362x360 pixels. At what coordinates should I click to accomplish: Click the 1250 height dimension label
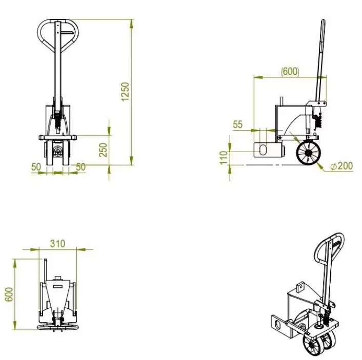125,92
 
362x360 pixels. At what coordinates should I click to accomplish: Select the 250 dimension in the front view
103,150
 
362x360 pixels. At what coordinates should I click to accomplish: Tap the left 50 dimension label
36,167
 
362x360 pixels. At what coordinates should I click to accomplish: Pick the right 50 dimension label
81,167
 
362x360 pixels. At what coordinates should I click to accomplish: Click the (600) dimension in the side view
290,72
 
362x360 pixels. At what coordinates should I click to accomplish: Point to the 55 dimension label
238,124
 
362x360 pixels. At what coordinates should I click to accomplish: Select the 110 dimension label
224,158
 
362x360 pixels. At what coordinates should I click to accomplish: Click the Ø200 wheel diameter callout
341,166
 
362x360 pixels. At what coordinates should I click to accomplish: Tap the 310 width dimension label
58,244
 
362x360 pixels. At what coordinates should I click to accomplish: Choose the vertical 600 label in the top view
9,294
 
